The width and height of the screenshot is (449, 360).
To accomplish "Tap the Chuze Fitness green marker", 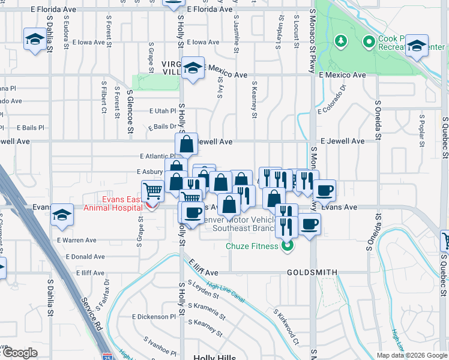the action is (288, 245).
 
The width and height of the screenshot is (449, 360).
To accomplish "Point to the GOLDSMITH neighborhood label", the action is (312, 272).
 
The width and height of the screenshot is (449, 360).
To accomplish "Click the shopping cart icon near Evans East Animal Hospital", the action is (153, 191).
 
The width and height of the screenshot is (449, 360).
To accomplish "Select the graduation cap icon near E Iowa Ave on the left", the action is (34, 40).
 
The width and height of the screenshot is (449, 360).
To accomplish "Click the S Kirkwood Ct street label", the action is (286, 326).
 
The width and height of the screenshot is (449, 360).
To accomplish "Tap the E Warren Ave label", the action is (77, 240).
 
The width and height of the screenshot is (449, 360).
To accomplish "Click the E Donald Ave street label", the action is (81, 257).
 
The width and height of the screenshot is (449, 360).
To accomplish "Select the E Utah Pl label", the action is (162, 111).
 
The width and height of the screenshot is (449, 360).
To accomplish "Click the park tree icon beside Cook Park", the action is (342, 41).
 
